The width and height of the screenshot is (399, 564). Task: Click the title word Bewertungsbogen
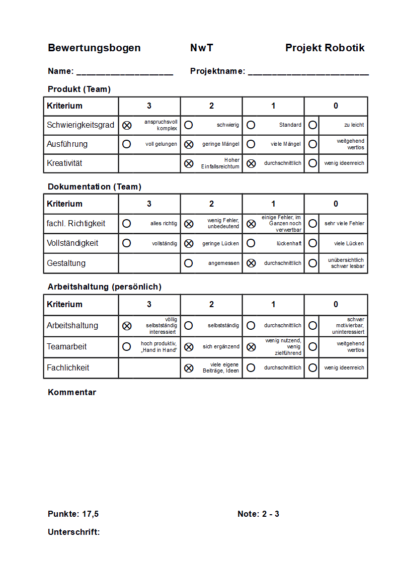click(x=94, y=48)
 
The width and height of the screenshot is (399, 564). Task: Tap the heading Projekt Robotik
click(x=325, y=48)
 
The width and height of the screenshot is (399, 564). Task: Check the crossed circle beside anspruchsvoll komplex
click(x=127, y=125)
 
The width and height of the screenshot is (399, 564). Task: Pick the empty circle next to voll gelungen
click(x=127, y=144)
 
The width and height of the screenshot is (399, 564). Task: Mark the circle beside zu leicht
click(x=312, y=125)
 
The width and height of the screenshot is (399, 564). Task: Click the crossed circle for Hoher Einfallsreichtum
click(x=189, y=163)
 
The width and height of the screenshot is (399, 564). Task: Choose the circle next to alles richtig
click(x=127, y=223)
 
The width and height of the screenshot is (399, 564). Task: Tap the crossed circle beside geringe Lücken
click(x=189, y=243)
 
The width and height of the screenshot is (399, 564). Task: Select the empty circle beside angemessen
click(x=189, y=263)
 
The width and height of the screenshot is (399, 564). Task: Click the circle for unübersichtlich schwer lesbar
click(x=312, y=263)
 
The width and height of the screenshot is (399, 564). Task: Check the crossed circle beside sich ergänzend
click(x=189, y=347)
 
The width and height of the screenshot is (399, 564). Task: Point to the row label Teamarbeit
click(x=67, y=347)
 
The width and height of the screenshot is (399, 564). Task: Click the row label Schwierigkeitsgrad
click(x=81, y=125)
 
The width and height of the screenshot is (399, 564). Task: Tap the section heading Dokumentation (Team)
click(x=95, y=187)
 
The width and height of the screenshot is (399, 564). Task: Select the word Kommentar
click(x=72, y=393)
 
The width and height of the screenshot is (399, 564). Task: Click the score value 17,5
click(x=90, y=514)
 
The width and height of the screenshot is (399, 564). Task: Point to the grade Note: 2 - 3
click(x=258, y=514)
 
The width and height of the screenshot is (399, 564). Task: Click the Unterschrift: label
click(x=74, y=532)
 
